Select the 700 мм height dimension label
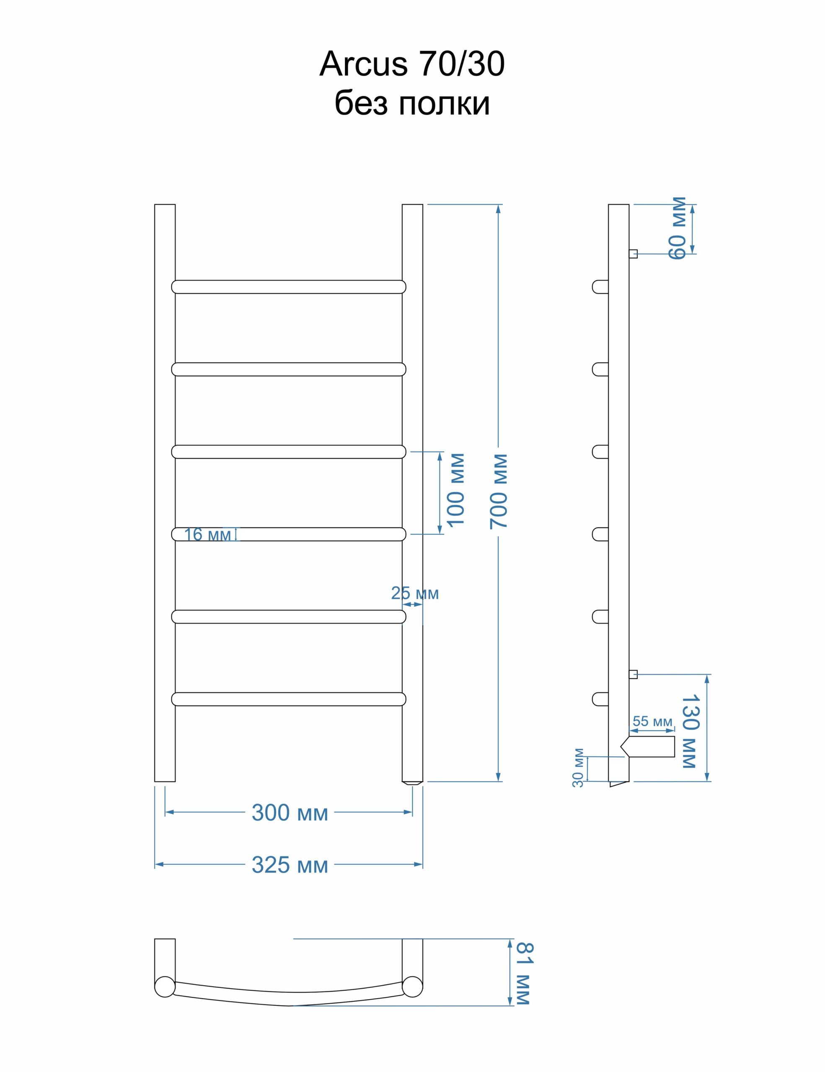pos(499,491)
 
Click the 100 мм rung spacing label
pos(455,490)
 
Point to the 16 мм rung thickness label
pos(207,534)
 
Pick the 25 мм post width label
pos(415,593)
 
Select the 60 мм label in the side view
pos(678,228)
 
